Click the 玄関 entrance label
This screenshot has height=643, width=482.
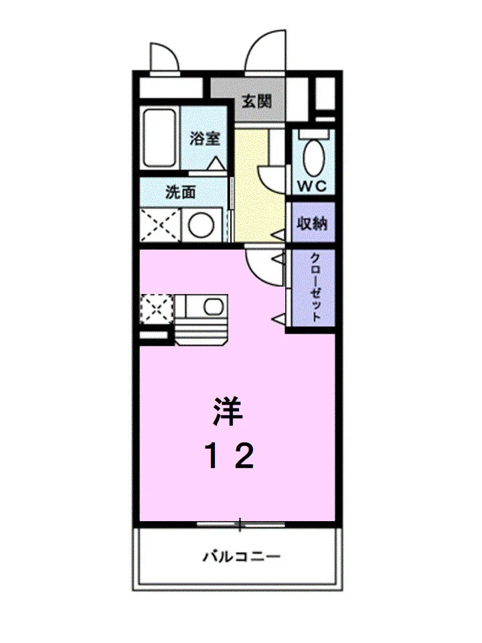click(257, 100)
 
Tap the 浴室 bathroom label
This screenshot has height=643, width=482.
click(205, 138)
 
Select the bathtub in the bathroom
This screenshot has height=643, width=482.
click(160, 137)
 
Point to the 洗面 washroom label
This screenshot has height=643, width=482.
click(181, 192)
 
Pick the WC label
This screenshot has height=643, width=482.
click(313, 187)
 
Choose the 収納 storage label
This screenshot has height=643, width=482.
click(312, 224)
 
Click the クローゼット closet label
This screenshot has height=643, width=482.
click(315, 287)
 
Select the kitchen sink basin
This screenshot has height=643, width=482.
click(214, 307)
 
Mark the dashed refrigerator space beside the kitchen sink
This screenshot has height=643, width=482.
click(157, 309)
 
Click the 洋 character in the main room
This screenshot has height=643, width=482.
click(228, 411)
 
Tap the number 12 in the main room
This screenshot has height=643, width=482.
click(231, 456)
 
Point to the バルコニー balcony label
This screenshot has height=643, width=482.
click(242, 557)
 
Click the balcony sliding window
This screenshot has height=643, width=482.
click(240, 524)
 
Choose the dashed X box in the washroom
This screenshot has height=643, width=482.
click(160, 225)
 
